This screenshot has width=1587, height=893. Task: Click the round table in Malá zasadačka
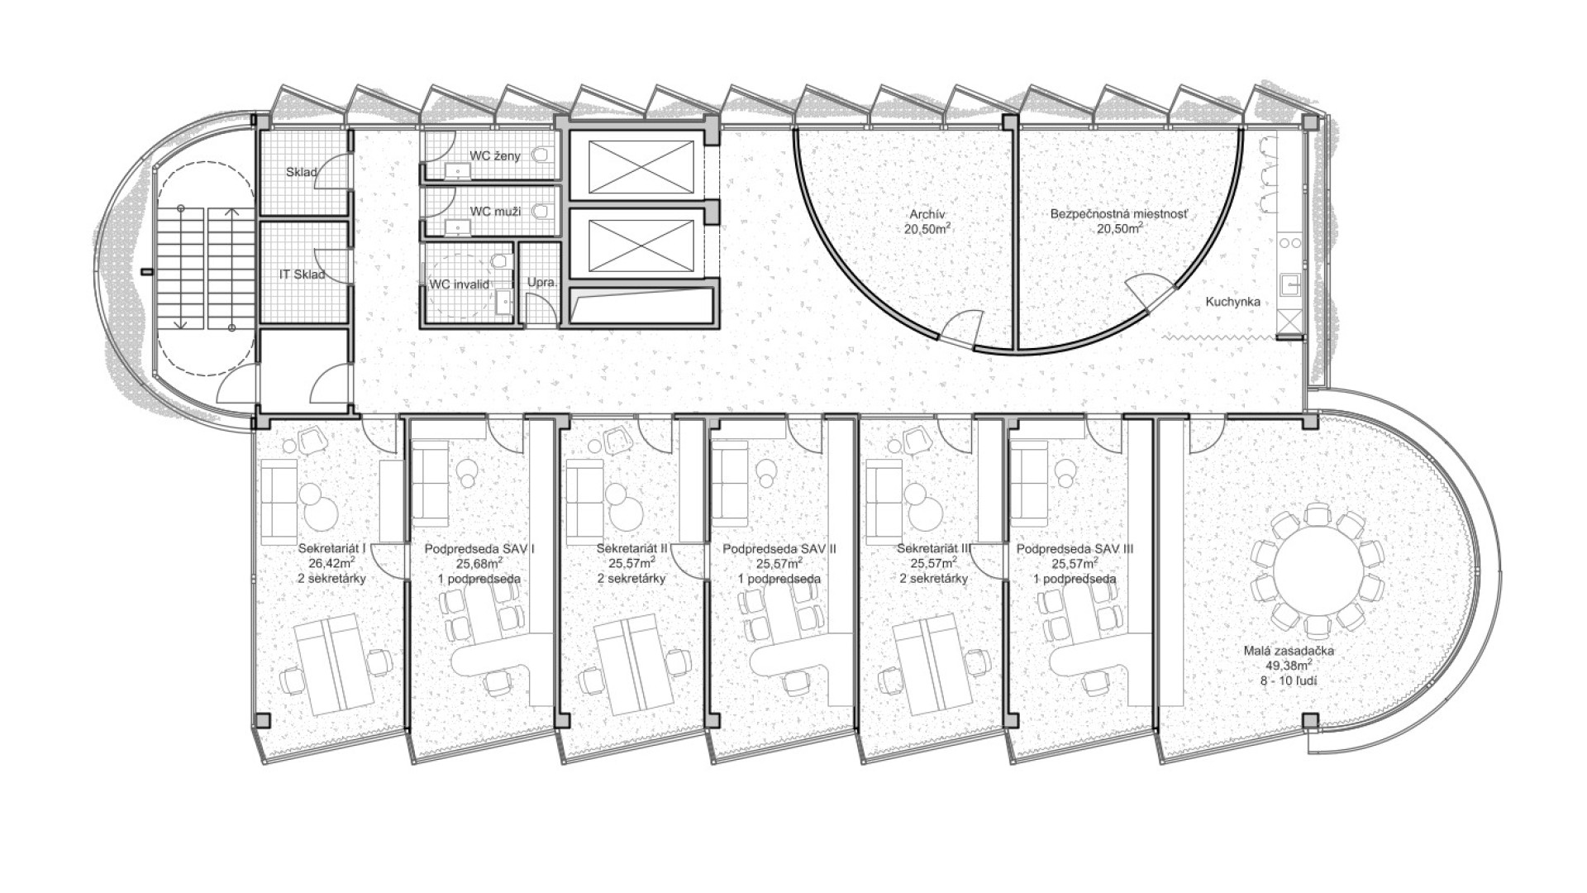point(1317,571)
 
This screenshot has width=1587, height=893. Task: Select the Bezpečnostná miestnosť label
point(1120,213)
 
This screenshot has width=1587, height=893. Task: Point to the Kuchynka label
point(1232,302)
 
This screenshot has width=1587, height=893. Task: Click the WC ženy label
point(495,155)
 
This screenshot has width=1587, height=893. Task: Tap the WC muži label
point(495,212)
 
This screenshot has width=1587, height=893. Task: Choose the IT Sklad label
point(302,274)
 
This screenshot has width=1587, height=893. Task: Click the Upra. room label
point(542,283)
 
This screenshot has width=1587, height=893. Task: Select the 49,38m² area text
point(1289,666)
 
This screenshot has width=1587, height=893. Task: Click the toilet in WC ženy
point(542,154)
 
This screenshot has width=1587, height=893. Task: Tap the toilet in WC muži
point(542,212)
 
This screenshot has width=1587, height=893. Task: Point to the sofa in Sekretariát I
point(279,501)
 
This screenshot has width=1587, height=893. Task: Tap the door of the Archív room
point(960,327)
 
